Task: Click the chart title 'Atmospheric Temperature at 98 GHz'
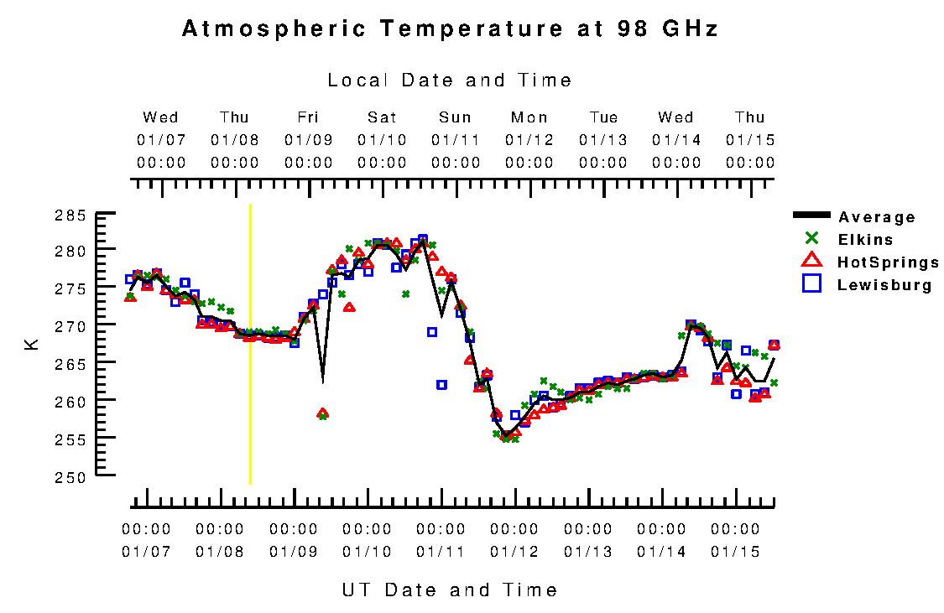click(x=450, y=29)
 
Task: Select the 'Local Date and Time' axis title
click(x=450, y=81)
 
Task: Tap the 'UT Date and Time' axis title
click(x=450, y=590)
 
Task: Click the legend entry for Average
click(x=877, y=217)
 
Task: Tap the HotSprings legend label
click(x=888, y=262)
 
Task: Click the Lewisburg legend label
click(x=884, y=285)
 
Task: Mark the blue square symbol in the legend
click(x=811, y=284)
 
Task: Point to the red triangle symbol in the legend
click(x=811, y=262)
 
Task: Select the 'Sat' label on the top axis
click(x=382, y=117)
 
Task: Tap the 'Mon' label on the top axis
click(x=529, y=117)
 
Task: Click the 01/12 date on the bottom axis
click(x=514, y=552)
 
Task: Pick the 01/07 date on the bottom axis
click(x=146, y=552)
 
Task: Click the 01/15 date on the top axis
click(x=750, y=139)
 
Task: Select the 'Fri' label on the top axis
click(x=308, y=117)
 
